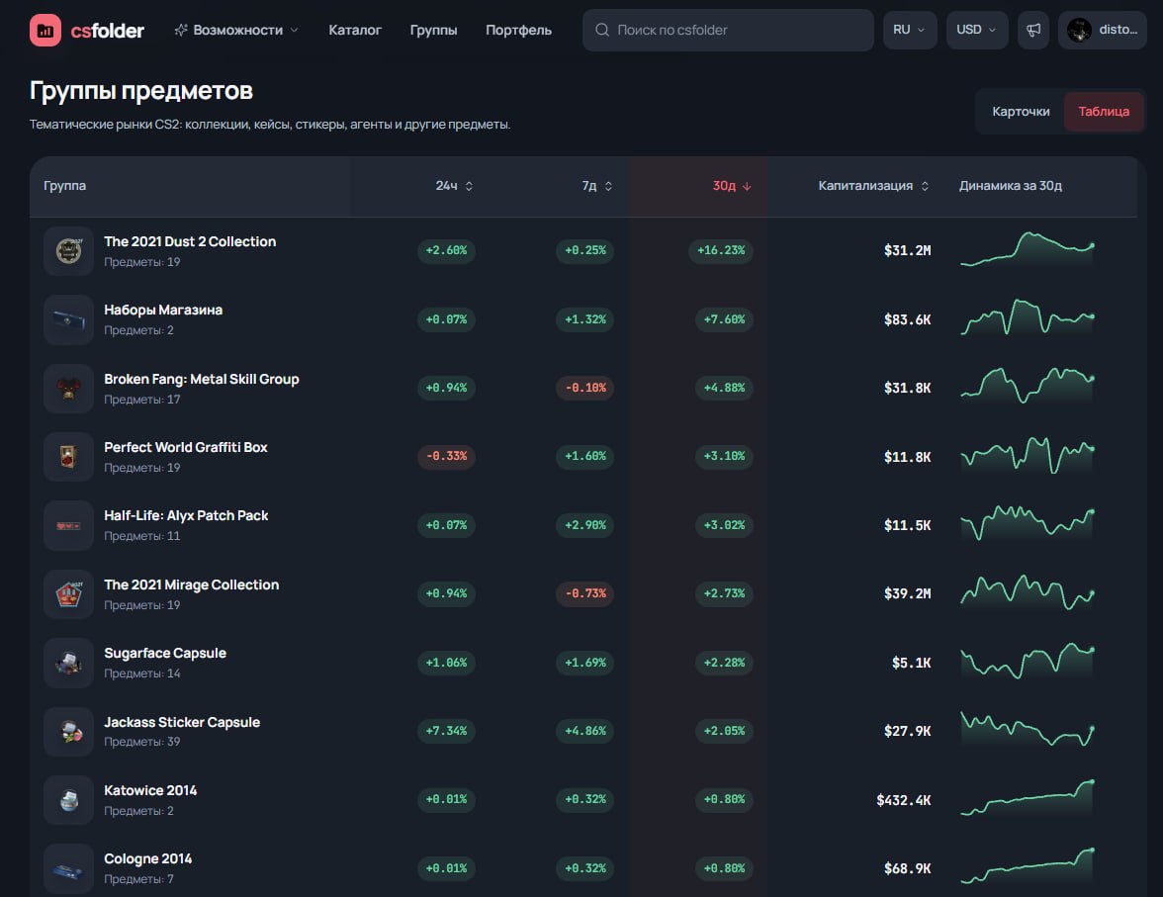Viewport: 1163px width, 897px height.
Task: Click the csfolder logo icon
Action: pos(45,31)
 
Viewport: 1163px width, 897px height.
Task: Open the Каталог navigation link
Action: pos(354,31)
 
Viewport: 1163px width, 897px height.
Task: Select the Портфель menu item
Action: pos(518,31)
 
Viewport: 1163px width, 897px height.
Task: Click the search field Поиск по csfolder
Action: pos(728,31)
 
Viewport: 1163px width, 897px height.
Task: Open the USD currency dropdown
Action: pos(977,31)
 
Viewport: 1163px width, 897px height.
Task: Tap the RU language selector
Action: pos(910,31)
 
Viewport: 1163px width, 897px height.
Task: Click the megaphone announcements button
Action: pos(1033,31)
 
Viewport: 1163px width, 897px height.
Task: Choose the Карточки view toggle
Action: pos(1021,112)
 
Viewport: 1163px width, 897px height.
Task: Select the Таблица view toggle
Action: pos(1104,112)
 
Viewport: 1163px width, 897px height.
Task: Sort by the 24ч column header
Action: pos(454,186)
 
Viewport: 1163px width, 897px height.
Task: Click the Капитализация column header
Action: pos(873,186)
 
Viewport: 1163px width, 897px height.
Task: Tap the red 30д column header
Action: pos(732,186)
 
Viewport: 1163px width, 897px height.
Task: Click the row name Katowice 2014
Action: pos(150,790)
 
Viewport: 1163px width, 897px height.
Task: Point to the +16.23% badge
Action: pos(721,251)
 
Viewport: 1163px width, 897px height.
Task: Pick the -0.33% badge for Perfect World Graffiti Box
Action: pos(447,456)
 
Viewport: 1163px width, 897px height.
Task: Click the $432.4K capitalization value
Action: pos(904,800)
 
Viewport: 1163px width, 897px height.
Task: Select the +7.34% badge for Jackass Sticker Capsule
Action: pos(447,731)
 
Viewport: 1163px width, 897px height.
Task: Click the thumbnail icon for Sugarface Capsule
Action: pos(68,663)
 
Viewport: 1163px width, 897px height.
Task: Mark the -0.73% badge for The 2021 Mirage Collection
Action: pos(585,593)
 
